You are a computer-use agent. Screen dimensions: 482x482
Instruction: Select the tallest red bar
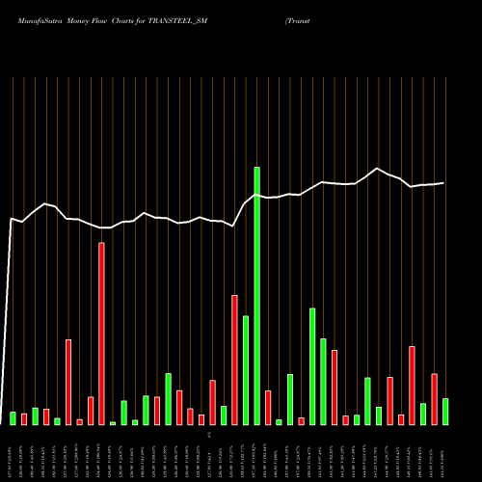point(101,334)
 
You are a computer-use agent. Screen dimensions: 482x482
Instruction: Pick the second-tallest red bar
point(234,360)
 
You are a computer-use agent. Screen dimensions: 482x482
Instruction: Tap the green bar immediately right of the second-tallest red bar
point(246,370)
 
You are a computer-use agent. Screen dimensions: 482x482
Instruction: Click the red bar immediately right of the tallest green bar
point(268,408)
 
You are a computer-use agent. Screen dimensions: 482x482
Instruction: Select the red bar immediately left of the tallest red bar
point(91,411)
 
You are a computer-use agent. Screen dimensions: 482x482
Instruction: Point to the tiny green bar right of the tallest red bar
point(113,423)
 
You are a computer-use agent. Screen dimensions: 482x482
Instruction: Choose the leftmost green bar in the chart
point(13,418)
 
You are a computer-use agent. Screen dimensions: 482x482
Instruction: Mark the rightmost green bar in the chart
point(445,412)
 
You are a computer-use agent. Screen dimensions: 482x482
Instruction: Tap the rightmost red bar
point(434,399)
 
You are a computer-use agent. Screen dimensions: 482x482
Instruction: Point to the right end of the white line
point(444,183)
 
